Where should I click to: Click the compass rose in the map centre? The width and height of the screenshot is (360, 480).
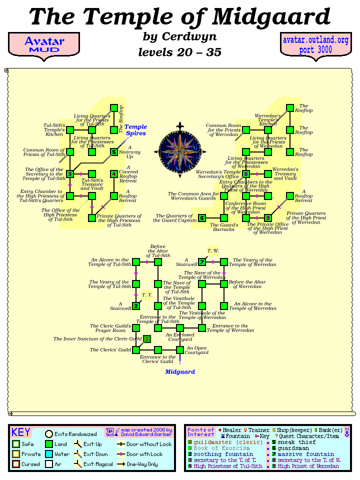pyautogui.click(x=179, y=150)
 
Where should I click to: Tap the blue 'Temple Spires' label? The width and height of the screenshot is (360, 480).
pyautogui.click(x=135, y=130)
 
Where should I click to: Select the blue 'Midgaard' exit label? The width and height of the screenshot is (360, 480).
pyautogui.click(x=179, y=371)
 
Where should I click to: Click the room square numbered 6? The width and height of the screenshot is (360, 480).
pyautogui.click(x=201, y=218)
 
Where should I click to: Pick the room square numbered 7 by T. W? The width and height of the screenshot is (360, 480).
pyautogui.click(x=201, y=262)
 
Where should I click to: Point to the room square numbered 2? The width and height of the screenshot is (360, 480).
pyautogui.click(x=135, y=306)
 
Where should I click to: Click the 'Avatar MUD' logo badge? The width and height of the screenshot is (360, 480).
pyautogui.click(x=44, y=45)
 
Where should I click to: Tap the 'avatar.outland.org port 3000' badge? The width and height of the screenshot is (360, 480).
pyautogui.click(x=315, y=45)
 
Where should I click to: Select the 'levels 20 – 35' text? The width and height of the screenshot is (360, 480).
pyautogui.click(x=179, y=52)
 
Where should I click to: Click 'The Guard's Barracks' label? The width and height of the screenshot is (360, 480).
pyautogui.click(x=223, y=227)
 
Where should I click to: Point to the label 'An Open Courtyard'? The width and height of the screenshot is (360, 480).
pyautogui.click(x=196, y=350)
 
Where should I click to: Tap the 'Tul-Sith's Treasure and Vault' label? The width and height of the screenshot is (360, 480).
pyautogui.click(x=92, y=184)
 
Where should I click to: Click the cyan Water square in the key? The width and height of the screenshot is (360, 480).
pyautogui.click(x=49, y=454)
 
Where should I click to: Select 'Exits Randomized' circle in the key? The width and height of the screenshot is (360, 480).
pyautogui.click(x=49, y=434)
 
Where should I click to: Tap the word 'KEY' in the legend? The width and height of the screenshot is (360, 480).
pyautogui.click(x=21, y=432)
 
